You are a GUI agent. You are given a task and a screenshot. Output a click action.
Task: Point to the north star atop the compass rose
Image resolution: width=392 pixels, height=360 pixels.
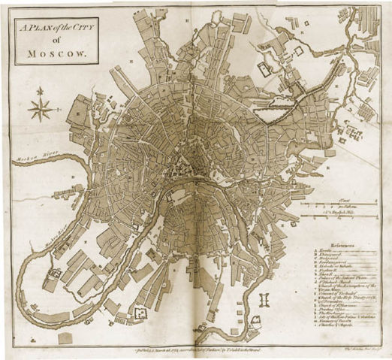pyautogui.click(x=39, y=89)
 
